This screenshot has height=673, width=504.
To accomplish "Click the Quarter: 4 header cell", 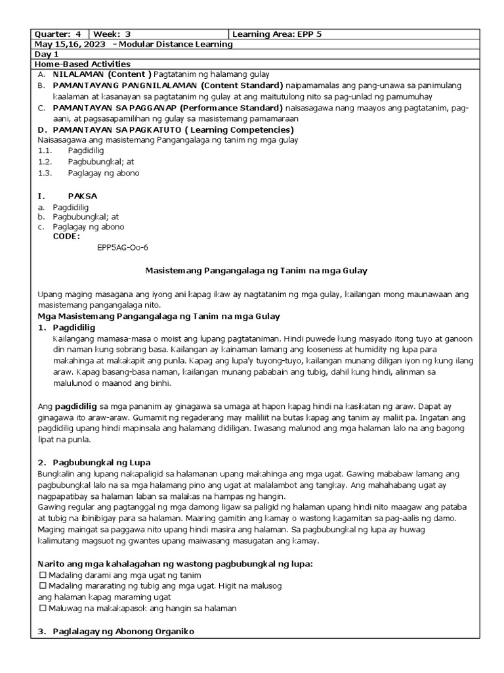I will [x=59, y=34].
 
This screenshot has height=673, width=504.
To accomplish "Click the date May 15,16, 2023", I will [x=70, y=44].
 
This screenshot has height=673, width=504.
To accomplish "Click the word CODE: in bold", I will [x=67, y=236].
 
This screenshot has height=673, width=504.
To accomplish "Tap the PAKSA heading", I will [x=82, y=196].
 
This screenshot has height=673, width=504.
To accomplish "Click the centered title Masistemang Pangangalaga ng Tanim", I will [x=255, y=270].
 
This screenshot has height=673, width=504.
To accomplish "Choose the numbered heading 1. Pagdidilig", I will [x=66, y=327].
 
